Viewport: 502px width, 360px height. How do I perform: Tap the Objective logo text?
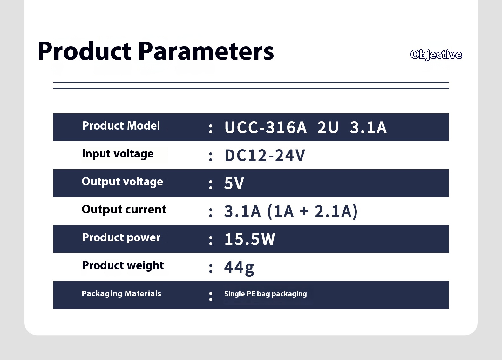tap(436, 55)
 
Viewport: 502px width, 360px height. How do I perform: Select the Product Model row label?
tap(121, 126)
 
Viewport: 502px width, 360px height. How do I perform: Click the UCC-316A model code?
tap(266, 127)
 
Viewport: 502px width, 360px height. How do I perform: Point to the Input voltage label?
tap(118, 154)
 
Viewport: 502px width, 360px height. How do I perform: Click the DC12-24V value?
tap(265, 155)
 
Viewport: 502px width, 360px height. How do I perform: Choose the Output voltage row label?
tap(122, 182)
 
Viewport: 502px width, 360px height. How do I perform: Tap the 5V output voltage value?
tap(234, 183)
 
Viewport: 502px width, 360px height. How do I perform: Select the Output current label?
tap(124, 210)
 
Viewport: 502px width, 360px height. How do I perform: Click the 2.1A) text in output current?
tap(336, 211)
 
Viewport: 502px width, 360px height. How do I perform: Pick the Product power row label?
tap(121, 238)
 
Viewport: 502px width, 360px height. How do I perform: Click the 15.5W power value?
tap(249, 239)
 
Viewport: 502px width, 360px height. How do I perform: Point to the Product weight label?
tap(123, 266)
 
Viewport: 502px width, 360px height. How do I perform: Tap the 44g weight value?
tap(239, 268)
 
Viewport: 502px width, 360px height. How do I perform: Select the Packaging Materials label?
tap(121, 294)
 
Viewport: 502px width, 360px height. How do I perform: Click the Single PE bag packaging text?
tap(266, 294)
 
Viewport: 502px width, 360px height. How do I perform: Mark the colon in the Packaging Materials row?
tap(211, 297)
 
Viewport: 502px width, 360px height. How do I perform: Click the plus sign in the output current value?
tap(304, 211)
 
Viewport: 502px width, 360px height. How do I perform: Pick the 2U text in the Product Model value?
tap(328, 127)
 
